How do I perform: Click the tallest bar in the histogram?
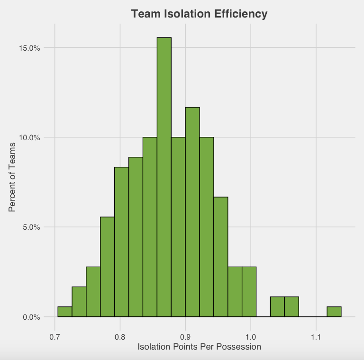click(x=164, y=177)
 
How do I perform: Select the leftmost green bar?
click(x=64, y=312)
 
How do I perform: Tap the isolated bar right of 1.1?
click(x=334, y=312)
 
